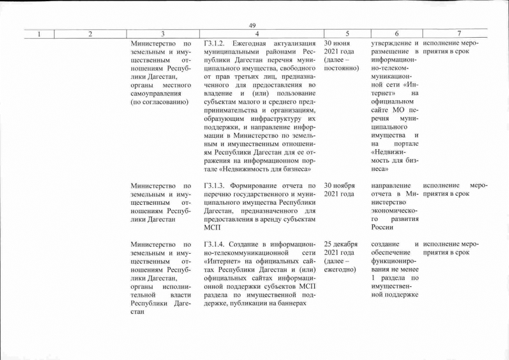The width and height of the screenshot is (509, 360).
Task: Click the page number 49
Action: (252, 25)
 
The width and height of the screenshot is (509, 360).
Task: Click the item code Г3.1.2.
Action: (215, 43)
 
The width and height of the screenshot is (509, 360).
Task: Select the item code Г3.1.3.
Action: (215, 185)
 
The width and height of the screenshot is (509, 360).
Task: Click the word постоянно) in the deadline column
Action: (341, 68)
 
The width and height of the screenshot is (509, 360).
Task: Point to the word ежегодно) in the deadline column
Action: (340, 269)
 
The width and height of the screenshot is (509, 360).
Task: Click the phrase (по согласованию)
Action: (160, 102)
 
